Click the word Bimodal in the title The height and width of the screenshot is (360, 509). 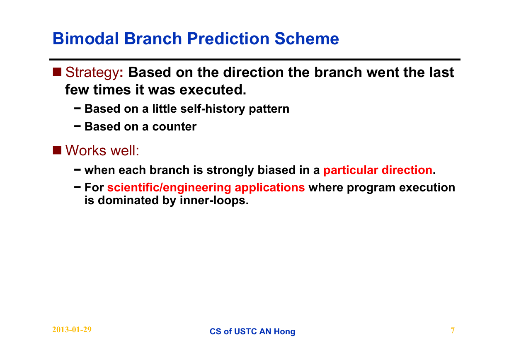[86, 39]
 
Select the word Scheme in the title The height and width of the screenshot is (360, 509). [307, 39]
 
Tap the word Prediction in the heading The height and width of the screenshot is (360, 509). [228, 39]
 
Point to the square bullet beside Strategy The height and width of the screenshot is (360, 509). [57, 72]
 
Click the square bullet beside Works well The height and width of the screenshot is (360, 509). [57, 150]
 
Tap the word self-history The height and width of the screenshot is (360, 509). [213, 109]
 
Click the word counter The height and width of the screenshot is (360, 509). [174, 126]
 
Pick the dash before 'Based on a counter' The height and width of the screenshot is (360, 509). [78, 126]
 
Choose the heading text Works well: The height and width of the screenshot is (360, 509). [102, 150]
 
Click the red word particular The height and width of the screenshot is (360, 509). [351, 170]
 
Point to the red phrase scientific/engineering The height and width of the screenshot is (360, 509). [169, 188]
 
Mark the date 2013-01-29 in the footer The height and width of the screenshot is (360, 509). [72, 330]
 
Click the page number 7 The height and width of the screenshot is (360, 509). [453, 331]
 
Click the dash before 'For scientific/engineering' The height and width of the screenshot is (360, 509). [78, 187]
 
